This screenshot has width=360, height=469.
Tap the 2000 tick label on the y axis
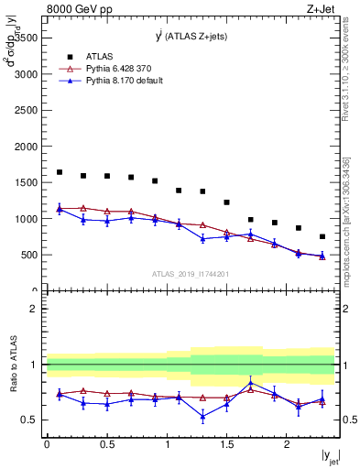pyautogui.click(x=26, y=147)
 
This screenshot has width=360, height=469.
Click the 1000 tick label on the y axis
pyautogui.click(x=26, y=219)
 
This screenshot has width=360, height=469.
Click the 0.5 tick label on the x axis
pyautogui.click(x=106, y=444)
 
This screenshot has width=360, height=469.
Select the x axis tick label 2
pyautogui.click(x=287, y=444)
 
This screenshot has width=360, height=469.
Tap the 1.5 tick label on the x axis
pyautogui.click(x=226, y=444)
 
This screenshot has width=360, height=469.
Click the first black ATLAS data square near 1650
pyautogui.click(x=60, y=172)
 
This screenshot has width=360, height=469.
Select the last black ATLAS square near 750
pyautogui.click(x=322, y=236)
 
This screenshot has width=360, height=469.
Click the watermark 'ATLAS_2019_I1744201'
pyautogui.click(x=191, y=274)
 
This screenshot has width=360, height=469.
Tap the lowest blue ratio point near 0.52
pyautogui.click(x=202, y=417)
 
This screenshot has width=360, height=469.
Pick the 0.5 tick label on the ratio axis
pyautogui.click(x=30, y=420)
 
